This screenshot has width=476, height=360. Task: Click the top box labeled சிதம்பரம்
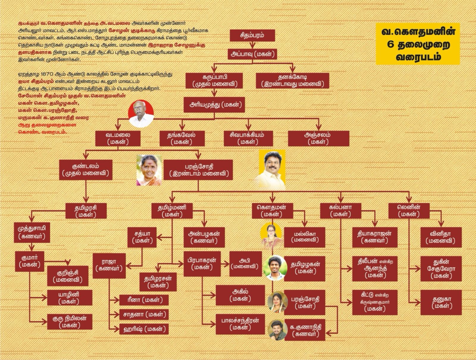point(252,35)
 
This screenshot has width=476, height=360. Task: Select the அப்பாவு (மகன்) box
point(252,54)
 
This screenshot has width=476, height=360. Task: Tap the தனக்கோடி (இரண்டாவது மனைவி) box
point(292,81)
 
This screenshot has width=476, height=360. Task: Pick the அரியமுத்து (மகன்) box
point(214,105)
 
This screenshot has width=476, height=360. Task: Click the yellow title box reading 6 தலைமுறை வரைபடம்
point(418,44)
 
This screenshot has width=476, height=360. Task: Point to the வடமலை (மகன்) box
point(118,138)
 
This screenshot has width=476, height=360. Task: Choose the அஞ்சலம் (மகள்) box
point(318,138)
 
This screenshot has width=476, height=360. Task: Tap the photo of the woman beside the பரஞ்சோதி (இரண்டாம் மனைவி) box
point(149,170)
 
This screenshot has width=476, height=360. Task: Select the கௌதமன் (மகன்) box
point(273,211)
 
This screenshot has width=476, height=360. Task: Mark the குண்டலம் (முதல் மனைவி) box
point(86,170)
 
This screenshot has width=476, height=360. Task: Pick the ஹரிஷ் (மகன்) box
point(144,329)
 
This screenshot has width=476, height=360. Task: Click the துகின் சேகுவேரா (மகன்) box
point(441,269)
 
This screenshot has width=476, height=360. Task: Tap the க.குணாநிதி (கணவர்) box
point(305,330)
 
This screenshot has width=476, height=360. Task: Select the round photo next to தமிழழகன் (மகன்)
point(275,268)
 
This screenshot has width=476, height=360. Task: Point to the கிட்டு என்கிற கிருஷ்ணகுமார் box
point(375,302)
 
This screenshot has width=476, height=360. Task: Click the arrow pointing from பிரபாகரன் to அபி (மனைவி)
point(225,264)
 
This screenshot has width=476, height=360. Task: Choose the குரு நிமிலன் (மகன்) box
point(70,322)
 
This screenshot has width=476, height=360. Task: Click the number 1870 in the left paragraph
point(47,74)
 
